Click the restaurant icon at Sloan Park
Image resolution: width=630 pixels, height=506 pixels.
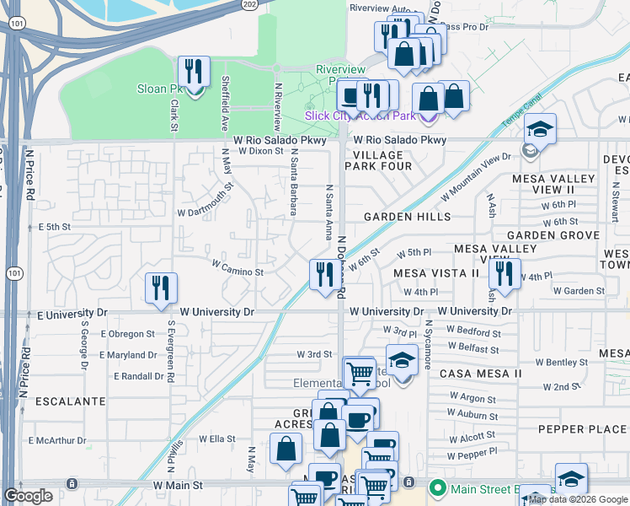[195, 73]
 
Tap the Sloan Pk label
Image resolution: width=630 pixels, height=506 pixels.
[159, 89]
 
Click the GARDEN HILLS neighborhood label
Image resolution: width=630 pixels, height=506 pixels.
[407, 217]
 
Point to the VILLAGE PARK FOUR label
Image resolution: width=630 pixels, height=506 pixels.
[378, 161]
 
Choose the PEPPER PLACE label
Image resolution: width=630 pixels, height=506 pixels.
[582, 429]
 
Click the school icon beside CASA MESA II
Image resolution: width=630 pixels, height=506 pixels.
[402, 361]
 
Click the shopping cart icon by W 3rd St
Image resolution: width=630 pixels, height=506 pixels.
[360, 373]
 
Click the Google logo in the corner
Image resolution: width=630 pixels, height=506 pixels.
[29, 496]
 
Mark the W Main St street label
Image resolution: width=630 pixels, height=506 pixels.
[178, 486]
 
